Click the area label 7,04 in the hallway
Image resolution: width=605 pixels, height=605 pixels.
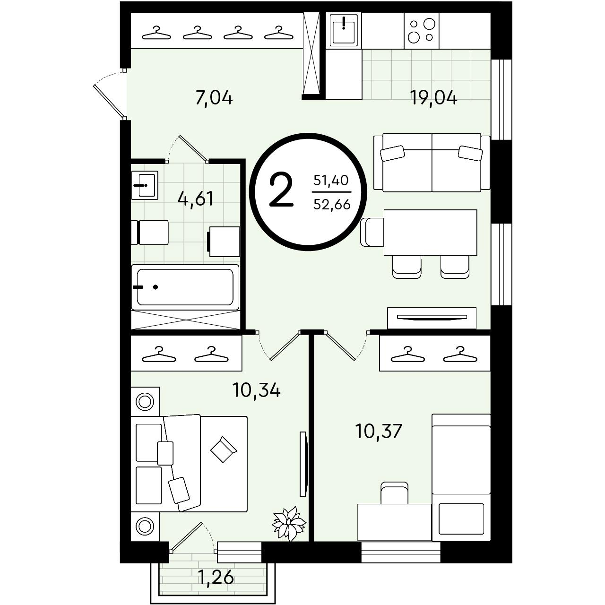pos(214,98)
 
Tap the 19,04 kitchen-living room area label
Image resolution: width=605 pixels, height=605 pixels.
pos(433,97)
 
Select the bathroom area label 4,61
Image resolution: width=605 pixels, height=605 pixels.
pos(195,199)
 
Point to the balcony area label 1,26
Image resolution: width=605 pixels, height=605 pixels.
pos(216,577)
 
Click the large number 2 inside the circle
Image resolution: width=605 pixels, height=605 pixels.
pos(281,190)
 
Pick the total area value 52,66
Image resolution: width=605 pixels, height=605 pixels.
pos(332,205)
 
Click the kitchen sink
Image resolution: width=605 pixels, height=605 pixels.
pos(344,30)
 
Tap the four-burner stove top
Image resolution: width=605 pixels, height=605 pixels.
pos(421,30)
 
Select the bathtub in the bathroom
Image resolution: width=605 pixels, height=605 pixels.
pos(185,287)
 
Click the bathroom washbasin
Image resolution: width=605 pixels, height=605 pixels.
pos(145,185)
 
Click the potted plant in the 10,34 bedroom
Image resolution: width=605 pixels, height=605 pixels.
pos(289,528)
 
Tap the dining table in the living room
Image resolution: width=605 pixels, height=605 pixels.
pos(430,233)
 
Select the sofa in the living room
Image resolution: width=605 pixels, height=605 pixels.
pos(432,162)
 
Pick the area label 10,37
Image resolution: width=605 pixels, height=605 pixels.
pos(379,431)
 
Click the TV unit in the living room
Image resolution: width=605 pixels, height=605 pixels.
pos(432,318)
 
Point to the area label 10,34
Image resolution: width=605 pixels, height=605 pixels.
pos(256,390)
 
